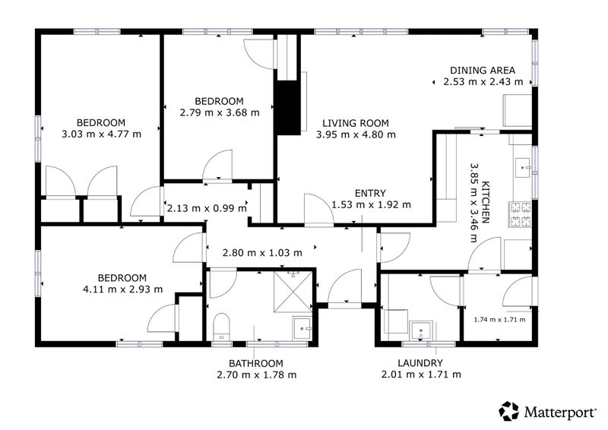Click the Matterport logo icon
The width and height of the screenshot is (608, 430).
pyautogui.click(x=508, y=411)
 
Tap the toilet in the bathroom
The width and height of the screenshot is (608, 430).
pyautogui.click(x=221, y=327)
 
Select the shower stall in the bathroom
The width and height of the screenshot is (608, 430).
pyautogui.click(x=293, y=292)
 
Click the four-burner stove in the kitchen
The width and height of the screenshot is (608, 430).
pyautogui.click(x=521, y=214)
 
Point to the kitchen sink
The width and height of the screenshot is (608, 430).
pyautogui.click(x=524, y=167)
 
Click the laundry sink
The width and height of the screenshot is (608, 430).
pyautogui.click(x=422, y=330)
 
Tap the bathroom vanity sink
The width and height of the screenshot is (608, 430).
pyautogui.click(x=302, y=328)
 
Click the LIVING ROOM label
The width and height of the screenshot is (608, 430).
pyautogui.click(x=356, y=123)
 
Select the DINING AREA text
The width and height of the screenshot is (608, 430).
pyautogui.click(x=483, y=71)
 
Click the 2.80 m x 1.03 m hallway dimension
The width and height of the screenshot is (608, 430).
pyautogui.click(x=262, y=253)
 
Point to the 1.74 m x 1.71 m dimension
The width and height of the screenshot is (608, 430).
pyautogui.click(x=500, y=320)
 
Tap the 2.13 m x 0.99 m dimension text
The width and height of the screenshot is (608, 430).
pyautogui.click(x=207, y=208)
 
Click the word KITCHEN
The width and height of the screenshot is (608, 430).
pyautogui.click(x=485, y=202)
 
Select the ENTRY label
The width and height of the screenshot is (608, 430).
pyautogui.click(x=370, y=193)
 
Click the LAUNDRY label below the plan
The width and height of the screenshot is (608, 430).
pyautogui.click(x=420, y=363)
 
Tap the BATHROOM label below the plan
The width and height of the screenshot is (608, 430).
pyautogui.click(x=256, y=364)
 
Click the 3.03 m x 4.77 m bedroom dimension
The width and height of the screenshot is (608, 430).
pyautogui.click(x=102, y=134)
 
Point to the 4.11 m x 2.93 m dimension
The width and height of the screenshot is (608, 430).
pyautogui.click(x=123, y=289)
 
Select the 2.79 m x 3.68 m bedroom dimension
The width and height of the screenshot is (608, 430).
pyautogui.click(x=220, y=113)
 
